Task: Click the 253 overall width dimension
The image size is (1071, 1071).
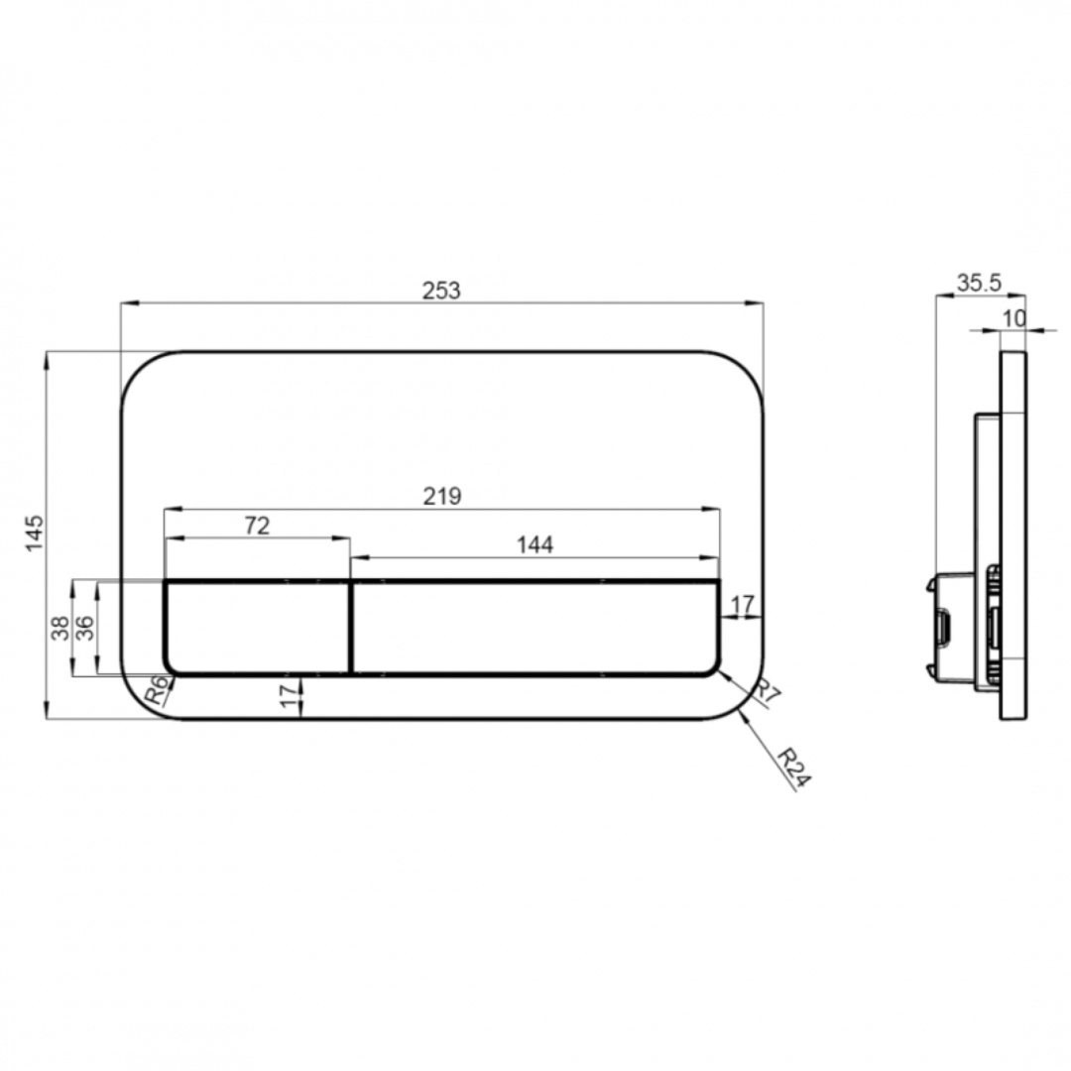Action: click(441, 291)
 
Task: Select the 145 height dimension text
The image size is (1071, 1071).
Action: click(35, 534)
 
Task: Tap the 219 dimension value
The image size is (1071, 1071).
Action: click(441, 496)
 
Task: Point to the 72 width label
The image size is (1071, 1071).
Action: click(257, 526)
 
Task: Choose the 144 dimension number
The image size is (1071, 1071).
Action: click(535, 544)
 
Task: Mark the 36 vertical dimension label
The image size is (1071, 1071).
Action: click(86, 628)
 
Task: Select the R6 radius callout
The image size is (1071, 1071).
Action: click(157, 690)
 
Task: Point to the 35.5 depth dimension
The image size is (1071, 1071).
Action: click(979, 284)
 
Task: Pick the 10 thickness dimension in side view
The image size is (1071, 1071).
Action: click(1013, 317)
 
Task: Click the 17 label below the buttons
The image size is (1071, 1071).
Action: click(289, 697)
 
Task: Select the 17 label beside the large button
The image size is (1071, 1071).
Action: click(743, 603)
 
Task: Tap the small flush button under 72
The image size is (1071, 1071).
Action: click(257, 628)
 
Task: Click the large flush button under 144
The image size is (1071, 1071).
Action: click(535, 628)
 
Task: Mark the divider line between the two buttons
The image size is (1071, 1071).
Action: click(351, 628)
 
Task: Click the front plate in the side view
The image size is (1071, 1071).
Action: click(1013, 535)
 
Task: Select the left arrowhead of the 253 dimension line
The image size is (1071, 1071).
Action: click(125, 303)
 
